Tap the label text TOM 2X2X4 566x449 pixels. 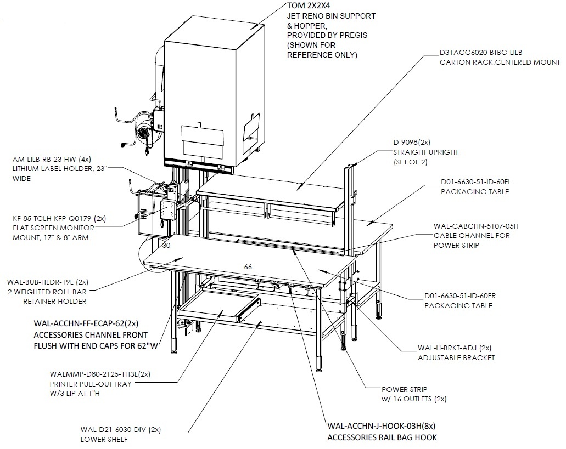click(309, 6)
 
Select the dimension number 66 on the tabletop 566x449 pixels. click(248, 267)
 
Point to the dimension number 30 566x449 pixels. click(166, 246)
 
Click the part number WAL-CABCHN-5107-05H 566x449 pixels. click(476, 226)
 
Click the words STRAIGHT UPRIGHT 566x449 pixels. click(425, 152)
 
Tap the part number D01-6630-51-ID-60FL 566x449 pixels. click(476, 182)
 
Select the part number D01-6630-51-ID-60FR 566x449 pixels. click(460, 296)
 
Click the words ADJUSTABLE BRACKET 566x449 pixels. click(456, 358)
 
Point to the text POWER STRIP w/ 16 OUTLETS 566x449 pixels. click(414, 394)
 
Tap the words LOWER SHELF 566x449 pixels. click(104, 439)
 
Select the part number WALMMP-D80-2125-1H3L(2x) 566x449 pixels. click(100, 374)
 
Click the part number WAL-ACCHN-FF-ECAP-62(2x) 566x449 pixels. click(86, 323)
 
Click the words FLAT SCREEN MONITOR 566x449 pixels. click(53, 228)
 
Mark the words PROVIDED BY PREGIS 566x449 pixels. click(327, 35)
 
